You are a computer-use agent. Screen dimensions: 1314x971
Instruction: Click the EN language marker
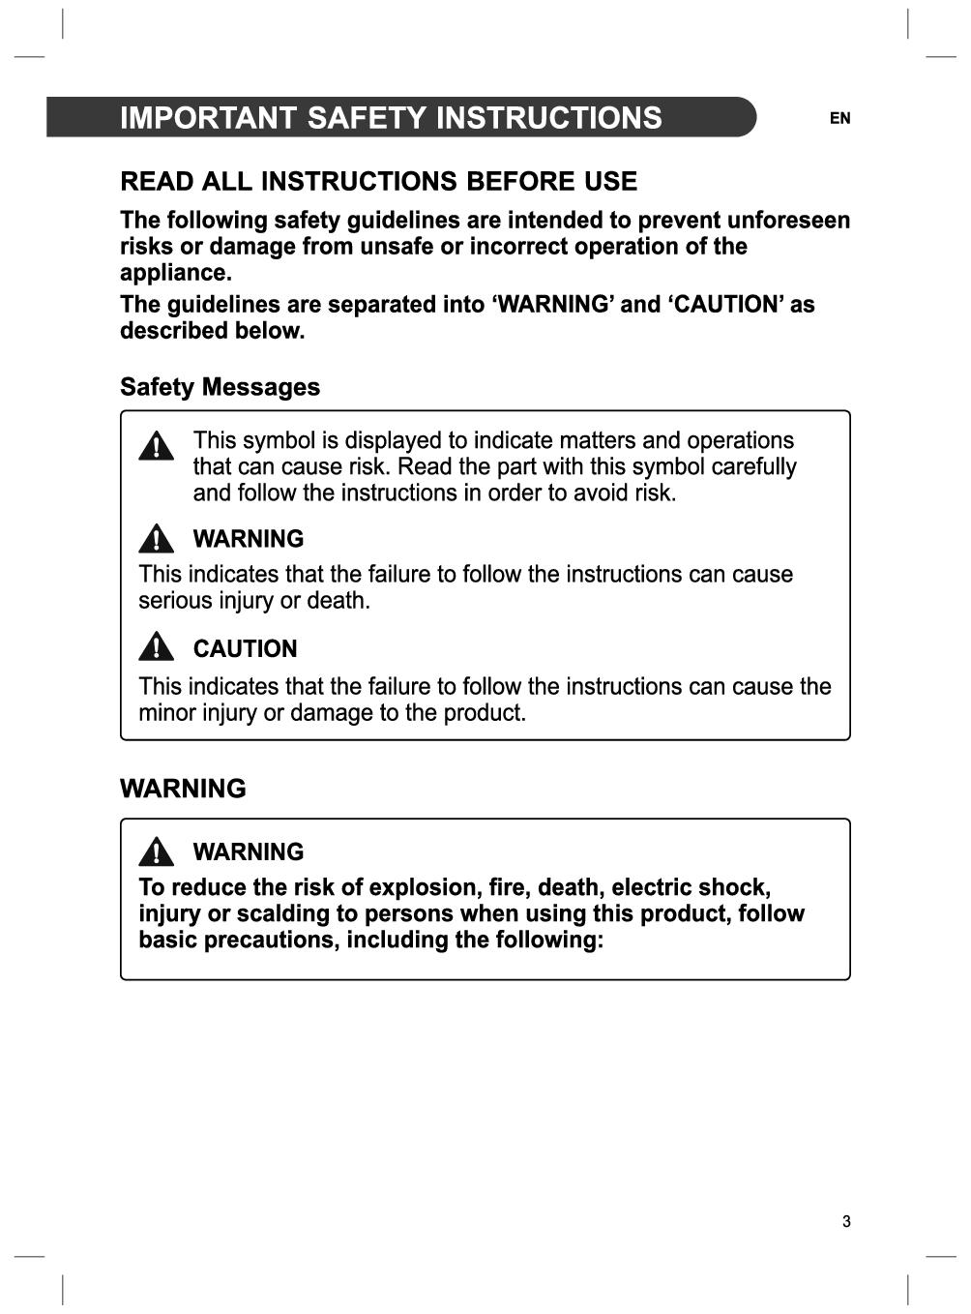[x=839, y=118]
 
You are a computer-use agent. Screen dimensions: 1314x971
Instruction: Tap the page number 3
[x=846, y=1221]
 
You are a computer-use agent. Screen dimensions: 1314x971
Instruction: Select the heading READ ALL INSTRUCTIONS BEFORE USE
[x=378, y=182]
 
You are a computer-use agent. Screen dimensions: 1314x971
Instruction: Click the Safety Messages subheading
[x=220, y=387]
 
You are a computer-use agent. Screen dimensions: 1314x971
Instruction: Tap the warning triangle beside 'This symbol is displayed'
[x=156, y=446]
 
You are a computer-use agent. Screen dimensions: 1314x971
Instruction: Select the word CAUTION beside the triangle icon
[x=245, y=649]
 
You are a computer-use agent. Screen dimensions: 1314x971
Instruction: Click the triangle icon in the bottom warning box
[x=156, y=851]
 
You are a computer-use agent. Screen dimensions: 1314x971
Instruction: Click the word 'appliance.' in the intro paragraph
[x=175, y=273]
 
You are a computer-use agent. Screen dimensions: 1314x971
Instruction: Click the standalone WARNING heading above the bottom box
[x=183, y=789]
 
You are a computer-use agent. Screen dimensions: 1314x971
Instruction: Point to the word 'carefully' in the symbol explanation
[x=753, y=467]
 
